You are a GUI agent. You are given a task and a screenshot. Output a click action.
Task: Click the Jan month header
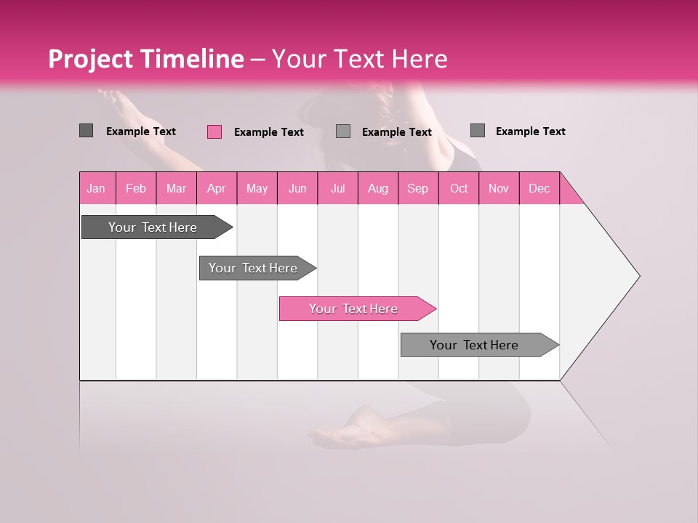[97, 189]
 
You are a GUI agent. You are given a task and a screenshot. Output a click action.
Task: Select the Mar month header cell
[176, 189]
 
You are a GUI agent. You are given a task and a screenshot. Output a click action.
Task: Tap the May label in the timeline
[257, 189]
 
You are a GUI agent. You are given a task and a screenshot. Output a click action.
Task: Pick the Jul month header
[337, 189]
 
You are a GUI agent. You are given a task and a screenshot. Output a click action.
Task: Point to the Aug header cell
[377, 189]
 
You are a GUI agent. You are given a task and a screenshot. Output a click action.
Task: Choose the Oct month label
[459, 189]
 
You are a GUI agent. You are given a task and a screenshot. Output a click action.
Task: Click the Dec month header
[539, 189]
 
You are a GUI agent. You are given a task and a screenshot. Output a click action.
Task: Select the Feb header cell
[136, 189]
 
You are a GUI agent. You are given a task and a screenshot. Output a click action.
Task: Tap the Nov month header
[499, 189]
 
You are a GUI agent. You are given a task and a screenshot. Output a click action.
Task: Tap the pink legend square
[214, 131]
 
